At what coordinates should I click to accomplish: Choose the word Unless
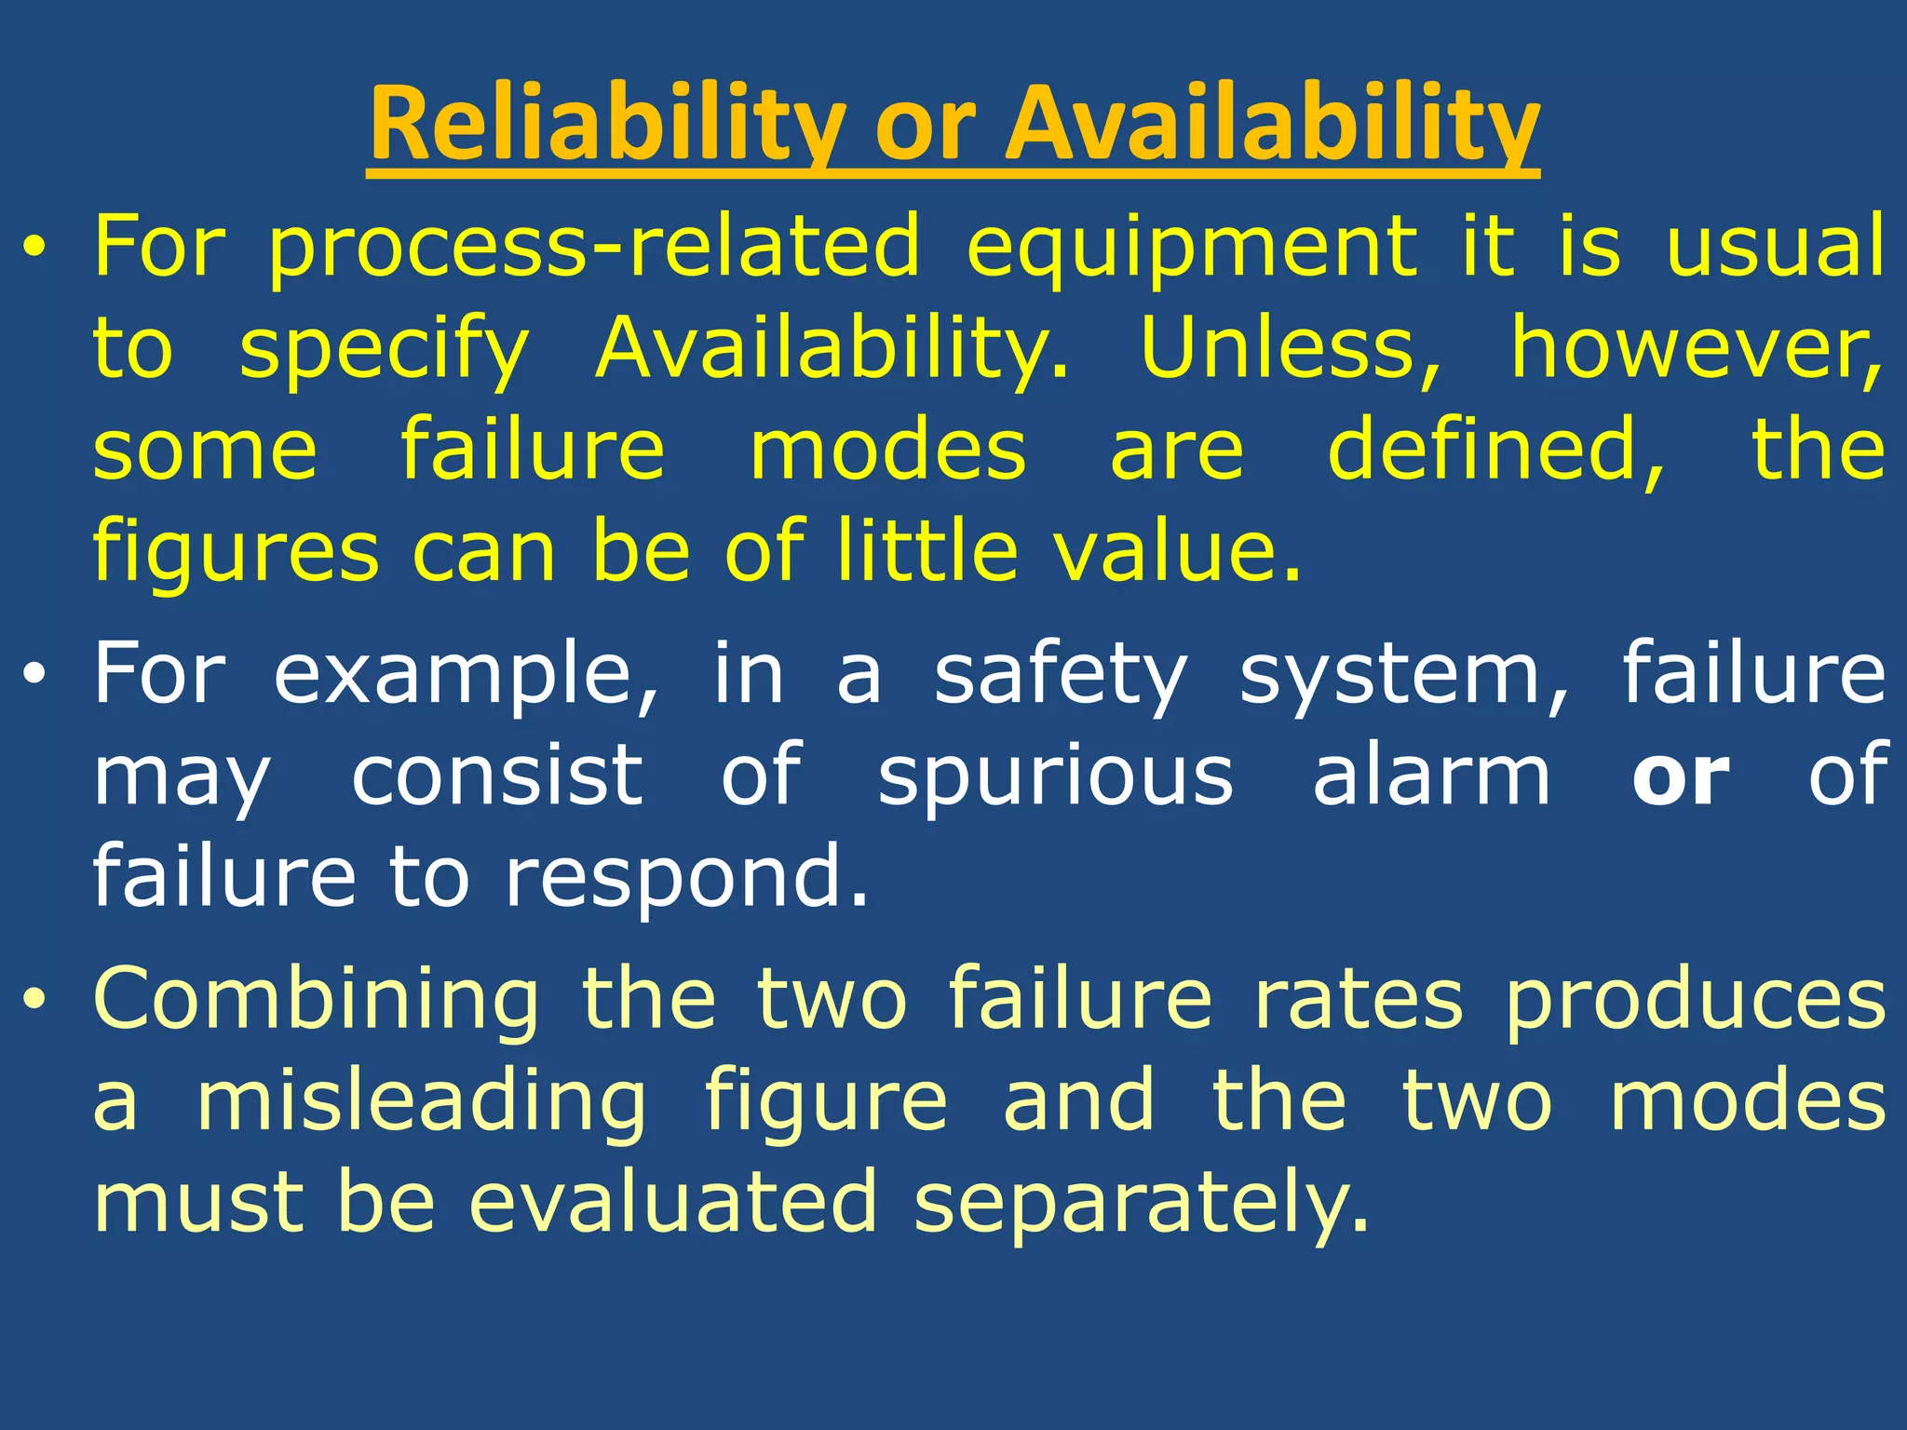point(1291,348)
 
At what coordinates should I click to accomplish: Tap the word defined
point(1495,451)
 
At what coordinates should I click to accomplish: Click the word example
point(466,675)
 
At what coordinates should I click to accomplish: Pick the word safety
point(1061,675)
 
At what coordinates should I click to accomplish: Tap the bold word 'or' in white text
point(1682,776)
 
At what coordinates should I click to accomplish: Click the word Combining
point(317,1001)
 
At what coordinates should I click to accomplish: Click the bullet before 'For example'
point(34,677)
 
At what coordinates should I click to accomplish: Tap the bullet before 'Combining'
point(34,1001)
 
